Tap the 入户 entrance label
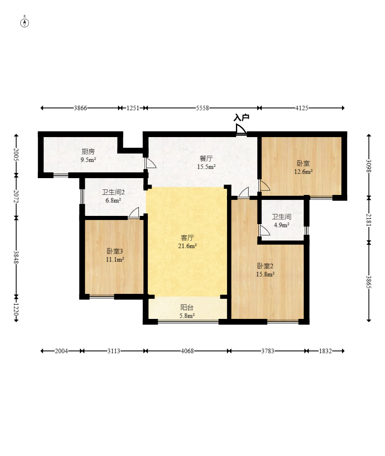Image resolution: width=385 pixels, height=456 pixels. [241, 117]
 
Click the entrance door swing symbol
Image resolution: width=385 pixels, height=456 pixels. [241, 129]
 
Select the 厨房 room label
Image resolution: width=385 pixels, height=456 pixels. [88, 151]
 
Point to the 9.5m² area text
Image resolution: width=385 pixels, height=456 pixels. [88, 160]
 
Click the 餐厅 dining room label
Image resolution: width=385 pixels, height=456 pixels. [206, 158]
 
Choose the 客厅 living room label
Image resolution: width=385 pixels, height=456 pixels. [188, 238]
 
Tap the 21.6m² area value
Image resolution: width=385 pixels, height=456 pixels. [188, 246]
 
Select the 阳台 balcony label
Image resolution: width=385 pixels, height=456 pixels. [187, 307]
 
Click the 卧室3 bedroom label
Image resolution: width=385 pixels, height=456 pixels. [115, 251]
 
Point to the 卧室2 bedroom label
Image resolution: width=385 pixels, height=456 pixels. [265, 266]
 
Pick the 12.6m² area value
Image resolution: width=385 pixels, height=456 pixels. [303, 172]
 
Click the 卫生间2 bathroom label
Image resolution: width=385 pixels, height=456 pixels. [113, 192]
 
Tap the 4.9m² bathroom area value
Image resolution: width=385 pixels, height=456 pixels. [281, 225]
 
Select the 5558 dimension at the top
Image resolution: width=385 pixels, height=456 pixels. [202, 108]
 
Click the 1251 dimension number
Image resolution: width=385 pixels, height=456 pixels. [133, 108]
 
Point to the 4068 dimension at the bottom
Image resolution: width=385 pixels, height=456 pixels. [188, 351]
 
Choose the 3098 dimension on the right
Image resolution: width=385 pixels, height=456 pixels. [369, 166]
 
